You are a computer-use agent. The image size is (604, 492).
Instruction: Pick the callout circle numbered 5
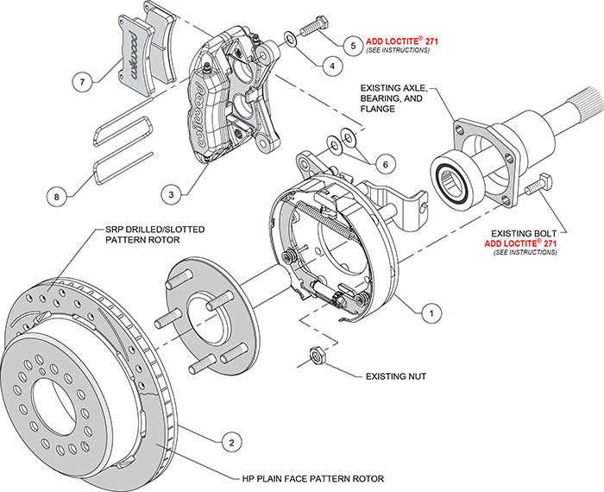352,43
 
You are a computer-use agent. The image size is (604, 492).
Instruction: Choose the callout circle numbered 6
387,161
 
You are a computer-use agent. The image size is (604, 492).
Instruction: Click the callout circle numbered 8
58,198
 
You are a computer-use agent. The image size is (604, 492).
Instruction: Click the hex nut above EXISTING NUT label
317,354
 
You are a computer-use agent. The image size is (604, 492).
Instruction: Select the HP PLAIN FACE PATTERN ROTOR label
312,477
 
